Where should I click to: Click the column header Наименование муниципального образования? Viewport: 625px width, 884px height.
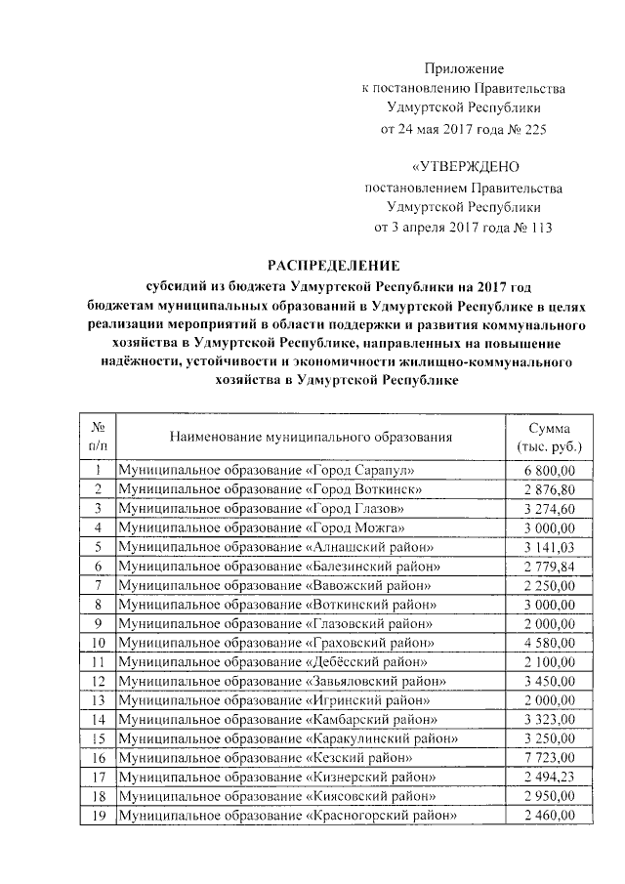click(x=311, y=436)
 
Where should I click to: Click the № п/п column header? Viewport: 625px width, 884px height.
click(x=98, y=437)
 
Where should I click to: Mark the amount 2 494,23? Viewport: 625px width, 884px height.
click(x=550, y=778)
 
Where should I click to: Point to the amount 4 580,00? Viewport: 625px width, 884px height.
click(x=550, y=644)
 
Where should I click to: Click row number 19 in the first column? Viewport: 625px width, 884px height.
click(x=98, y=816)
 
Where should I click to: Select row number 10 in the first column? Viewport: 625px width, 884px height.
click(x=98, y=644)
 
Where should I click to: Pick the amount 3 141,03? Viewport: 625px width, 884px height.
click(x=550, y=548)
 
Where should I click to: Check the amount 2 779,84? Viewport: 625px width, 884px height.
click(x=550, y=568)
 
